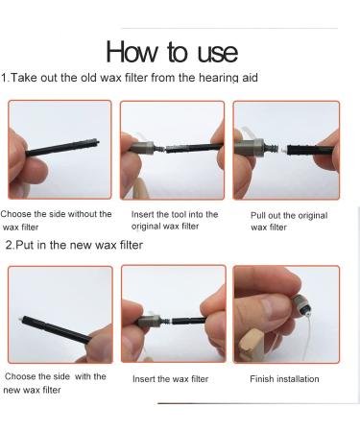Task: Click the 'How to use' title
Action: tap(172, 52)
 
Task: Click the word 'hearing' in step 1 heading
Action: tap(219, 78)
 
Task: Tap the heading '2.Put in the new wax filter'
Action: tap(74, 245)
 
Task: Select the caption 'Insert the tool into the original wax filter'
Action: tap(175, 220)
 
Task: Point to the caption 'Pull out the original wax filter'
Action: tap(289, 221)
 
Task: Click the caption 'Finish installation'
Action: tap(284, 379)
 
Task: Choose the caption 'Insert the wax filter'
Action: tap(170, 379)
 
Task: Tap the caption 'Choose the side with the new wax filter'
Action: tap(55, 383)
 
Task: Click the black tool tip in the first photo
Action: tap(95, 142)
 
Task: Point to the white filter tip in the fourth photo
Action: tap(22, 319)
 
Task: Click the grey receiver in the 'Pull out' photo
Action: tap(250, 148)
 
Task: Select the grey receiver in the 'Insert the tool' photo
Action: tap(143, 147)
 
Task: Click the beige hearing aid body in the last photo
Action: tap(252, 345)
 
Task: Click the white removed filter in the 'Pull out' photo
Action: tap(283, 150)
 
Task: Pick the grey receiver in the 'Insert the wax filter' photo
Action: tap(149, 321)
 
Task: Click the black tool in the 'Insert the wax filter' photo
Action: tap(189, 321)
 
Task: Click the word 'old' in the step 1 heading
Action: tap(88, 78)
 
